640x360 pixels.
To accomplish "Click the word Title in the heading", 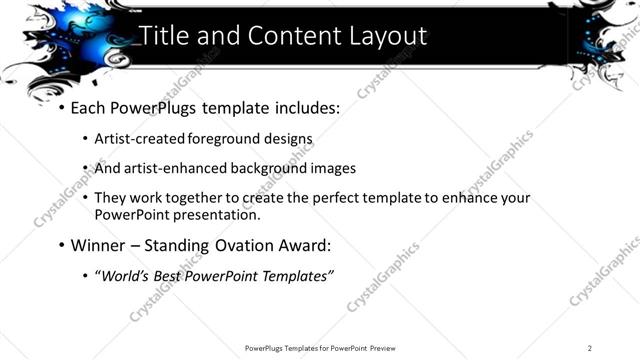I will [x=165, y=36].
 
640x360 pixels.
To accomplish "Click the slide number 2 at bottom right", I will [x=590, y=348].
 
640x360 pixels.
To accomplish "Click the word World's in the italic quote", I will [x=128, y=275].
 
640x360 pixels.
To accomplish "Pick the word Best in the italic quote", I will [x=174, y=275].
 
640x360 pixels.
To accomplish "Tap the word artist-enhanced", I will [x=175, y=168].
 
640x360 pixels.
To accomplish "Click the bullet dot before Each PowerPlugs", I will [x=62, y=106].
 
